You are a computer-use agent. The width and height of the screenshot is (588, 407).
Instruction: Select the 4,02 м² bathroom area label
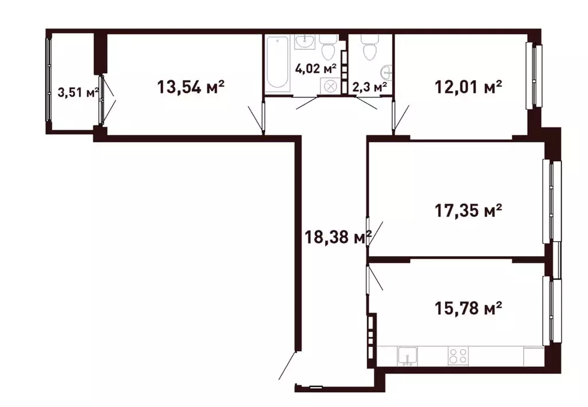(x=315, y=68)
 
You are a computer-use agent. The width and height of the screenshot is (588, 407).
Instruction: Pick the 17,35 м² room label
(x=468, y=210)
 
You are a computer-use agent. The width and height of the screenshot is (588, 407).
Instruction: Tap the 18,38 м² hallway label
(x=338, y=236)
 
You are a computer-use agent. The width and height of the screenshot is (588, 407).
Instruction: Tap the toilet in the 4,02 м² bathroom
(x=328, y=48)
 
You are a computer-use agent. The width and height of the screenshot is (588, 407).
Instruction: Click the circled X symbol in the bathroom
(x=331, y=87)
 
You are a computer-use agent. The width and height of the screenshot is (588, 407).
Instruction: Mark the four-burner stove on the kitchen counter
(x=458, y=355)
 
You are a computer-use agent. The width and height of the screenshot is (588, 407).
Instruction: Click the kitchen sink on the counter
(x=407, y=357)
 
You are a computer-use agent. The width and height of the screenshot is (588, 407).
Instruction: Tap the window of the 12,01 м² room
(x=537, y=75)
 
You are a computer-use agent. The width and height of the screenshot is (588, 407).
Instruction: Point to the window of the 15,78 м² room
(x=554, y=311)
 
